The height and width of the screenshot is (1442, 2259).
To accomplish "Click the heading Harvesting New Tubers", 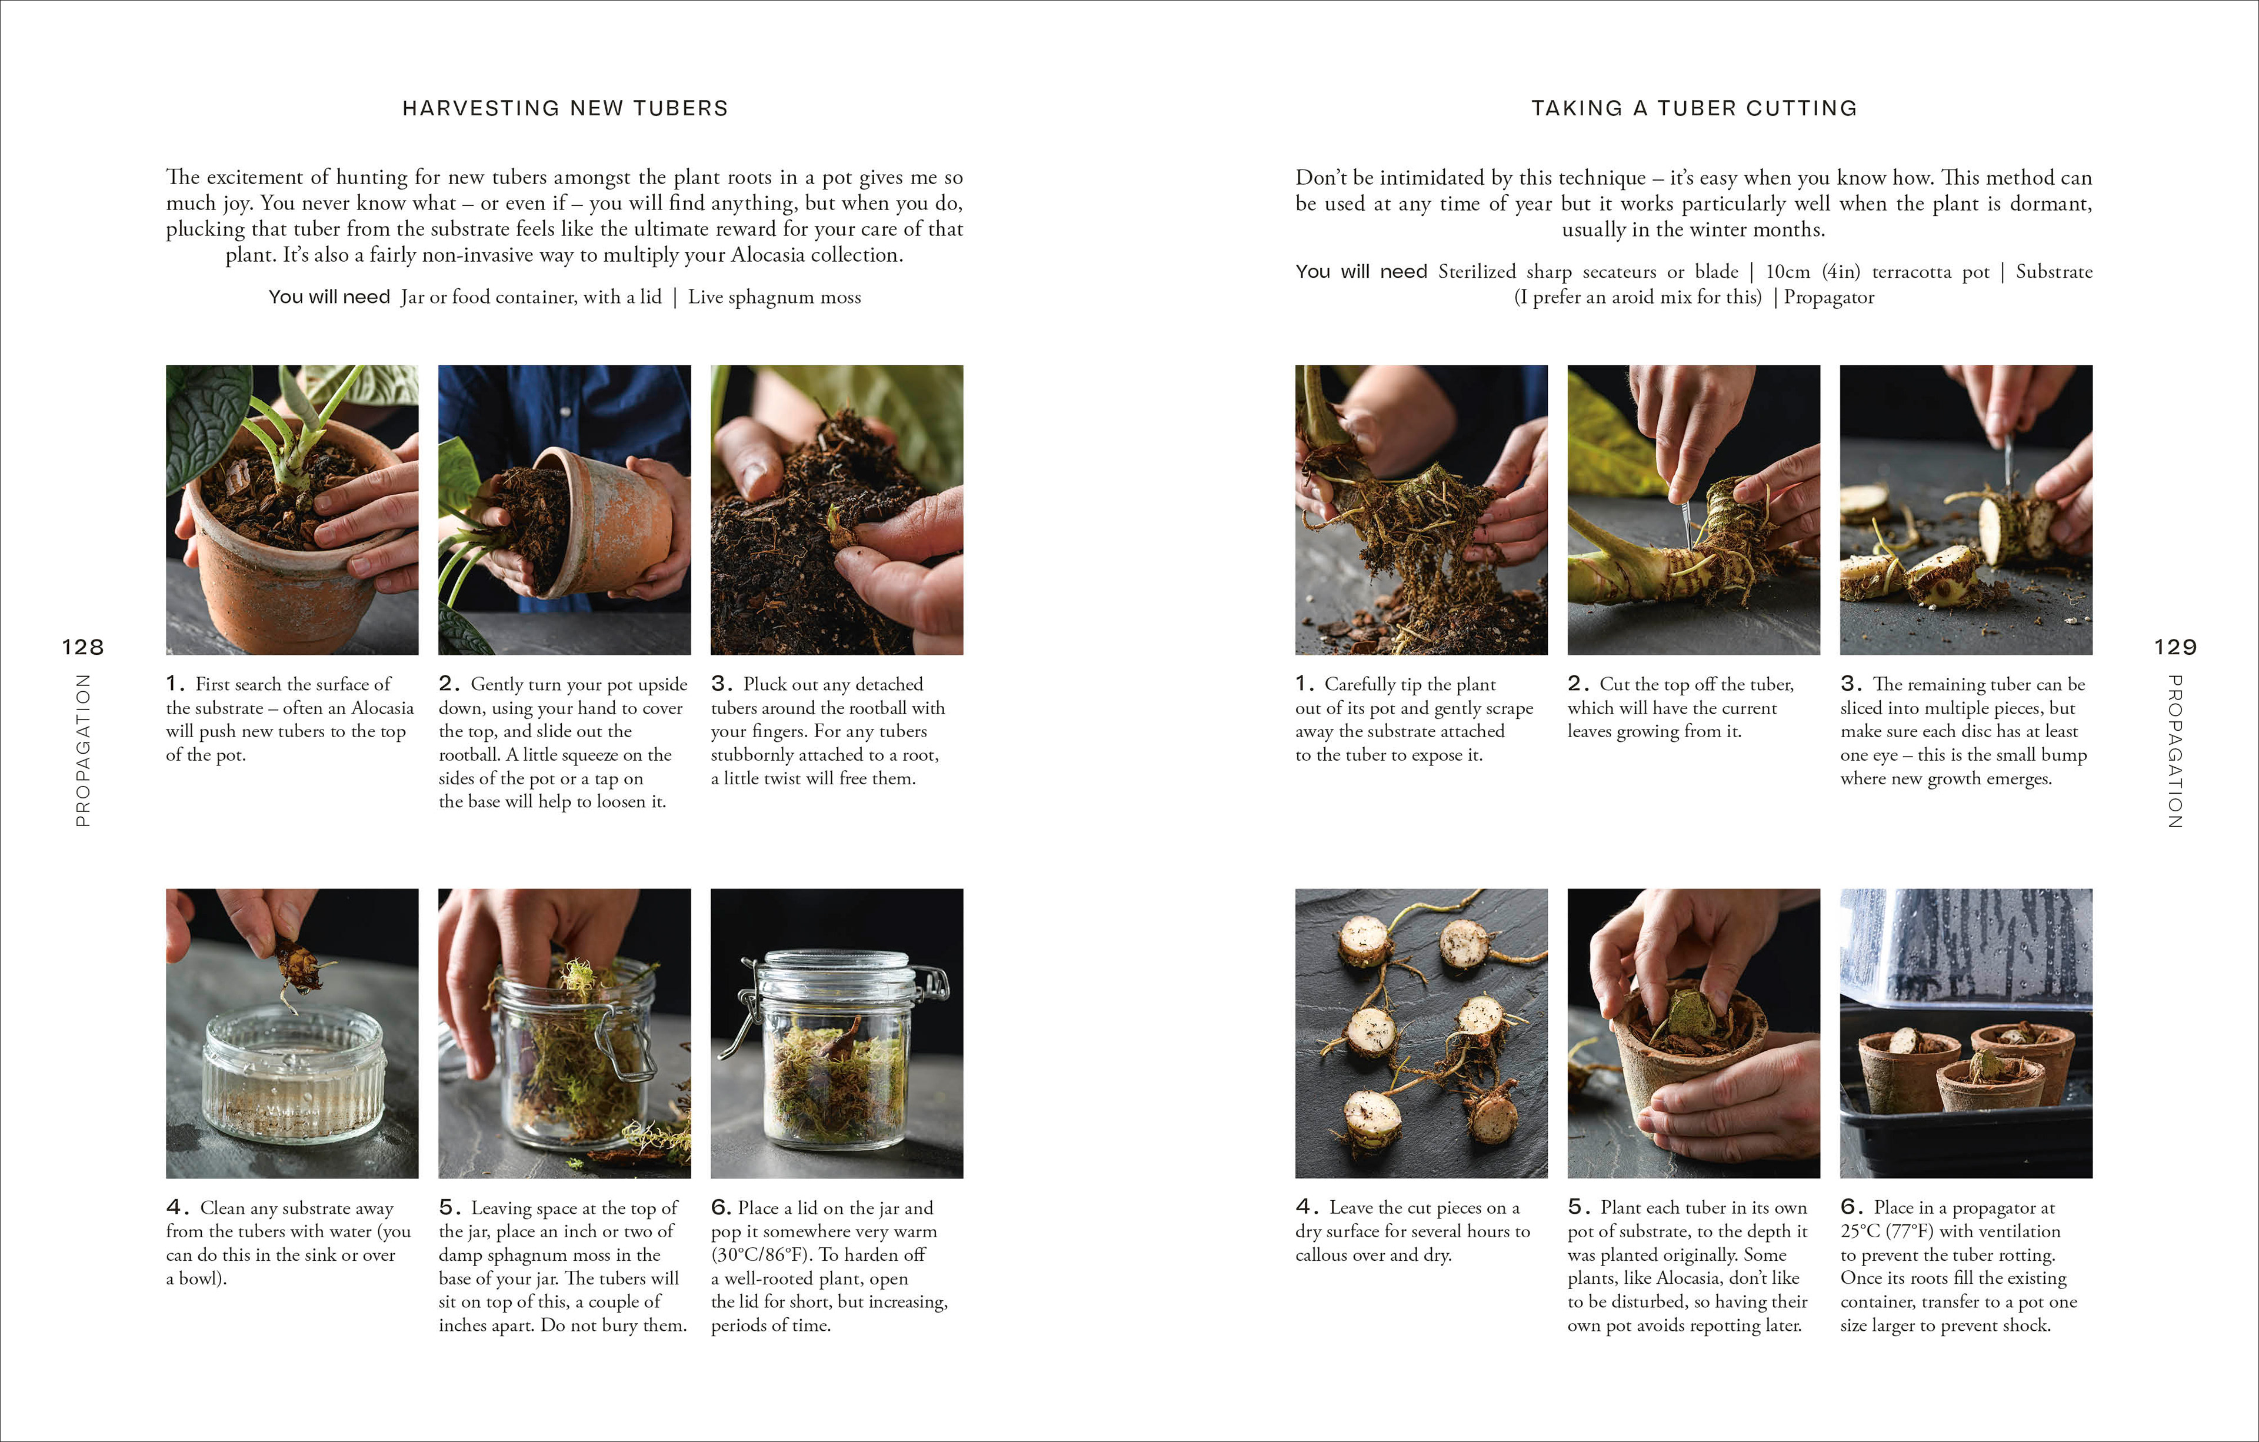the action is (x=565, y=109).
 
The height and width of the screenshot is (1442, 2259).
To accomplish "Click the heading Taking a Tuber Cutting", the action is (x=1694, y=109).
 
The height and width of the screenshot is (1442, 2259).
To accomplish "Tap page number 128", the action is (x=82, y=647).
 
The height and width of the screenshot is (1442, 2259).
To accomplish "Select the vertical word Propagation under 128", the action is (x=82, y=751).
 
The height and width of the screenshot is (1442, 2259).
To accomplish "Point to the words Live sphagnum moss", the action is (x=774, y=298).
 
